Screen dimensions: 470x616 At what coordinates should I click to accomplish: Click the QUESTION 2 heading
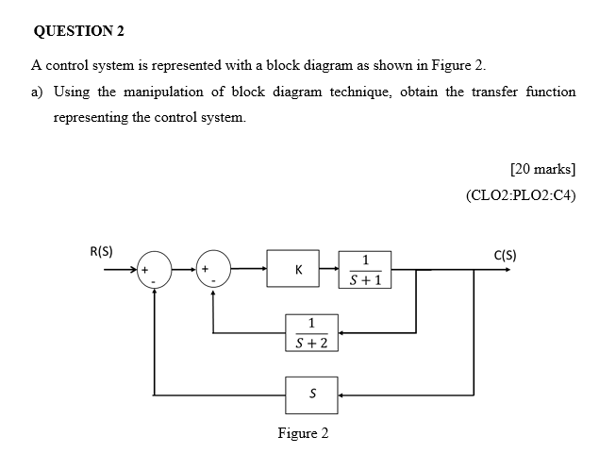click(78, 30)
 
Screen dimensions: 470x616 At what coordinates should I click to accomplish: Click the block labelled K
click(298, 270)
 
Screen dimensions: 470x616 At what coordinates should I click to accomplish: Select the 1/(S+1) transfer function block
click(364, 270)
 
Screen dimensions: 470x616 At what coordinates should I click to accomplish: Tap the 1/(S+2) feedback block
click(311, 332)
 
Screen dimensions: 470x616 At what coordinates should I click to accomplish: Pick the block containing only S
click(311, 393)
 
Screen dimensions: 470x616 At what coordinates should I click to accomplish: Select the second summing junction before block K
click(212, 270)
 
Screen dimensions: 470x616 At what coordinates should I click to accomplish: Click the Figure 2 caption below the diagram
click(303, 434)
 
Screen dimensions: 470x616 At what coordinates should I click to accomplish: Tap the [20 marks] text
click(541, 170)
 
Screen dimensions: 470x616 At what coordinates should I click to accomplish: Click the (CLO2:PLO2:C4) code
click(521, 196)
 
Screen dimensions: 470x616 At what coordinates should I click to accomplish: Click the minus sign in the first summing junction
click(153, 280)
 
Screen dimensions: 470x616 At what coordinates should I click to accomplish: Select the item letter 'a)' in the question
click(39, 92)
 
